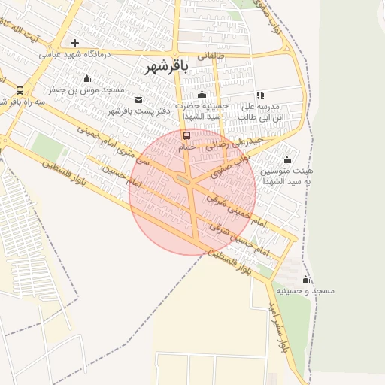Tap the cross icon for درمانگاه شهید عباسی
tap(74, 43)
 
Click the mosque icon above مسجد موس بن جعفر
tap(86, 79)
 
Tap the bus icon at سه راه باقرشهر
tap(20, 90)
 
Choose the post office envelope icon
tap(138, 100)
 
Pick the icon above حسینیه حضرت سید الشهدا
tap(201, 95)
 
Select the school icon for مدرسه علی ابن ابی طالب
tap(260, 95)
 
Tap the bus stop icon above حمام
tap(186, 136)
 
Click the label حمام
tap(187, 147)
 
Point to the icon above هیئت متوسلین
tap(286, 159)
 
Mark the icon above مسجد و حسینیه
tap(305, 279)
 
